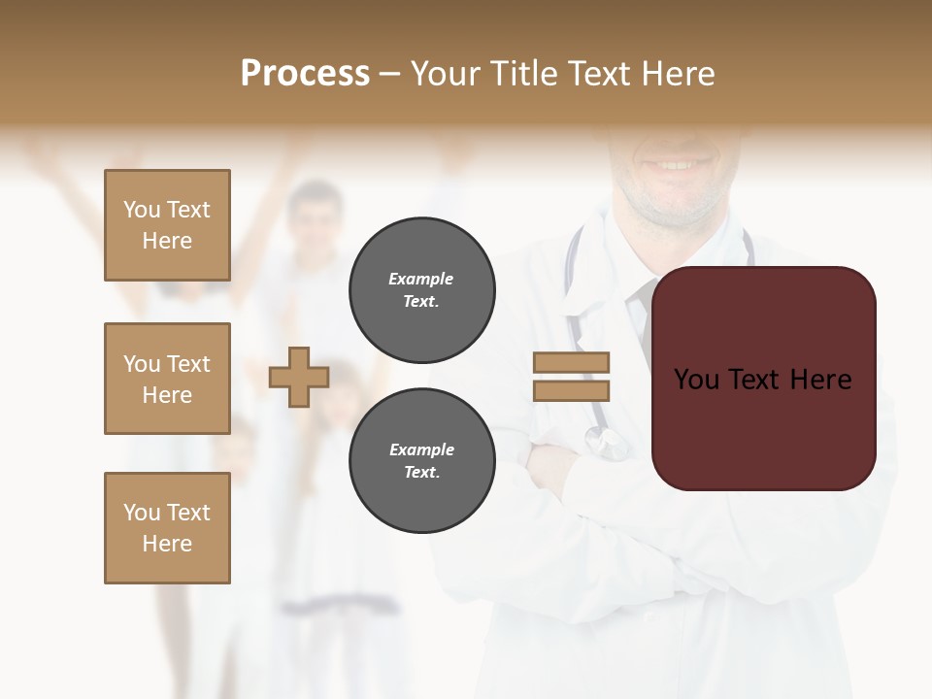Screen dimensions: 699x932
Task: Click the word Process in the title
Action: coord(305,73)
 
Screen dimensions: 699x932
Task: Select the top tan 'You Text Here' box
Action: coord(167,225)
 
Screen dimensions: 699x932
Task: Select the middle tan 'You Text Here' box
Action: coord(167,379)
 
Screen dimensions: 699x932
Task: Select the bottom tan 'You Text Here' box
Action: coord(167,528)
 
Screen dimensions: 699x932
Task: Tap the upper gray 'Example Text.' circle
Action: coord(421,290)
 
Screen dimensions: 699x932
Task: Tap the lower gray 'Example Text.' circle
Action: coord(421,461)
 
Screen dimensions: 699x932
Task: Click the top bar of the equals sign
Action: coord(571,362)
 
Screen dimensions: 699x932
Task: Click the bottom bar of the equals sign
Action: coord(571,390)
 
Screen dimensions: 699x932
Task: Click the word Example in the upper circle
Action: coord(421,279)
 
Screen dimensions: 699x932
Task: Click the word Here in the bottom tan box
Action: coord(167,544)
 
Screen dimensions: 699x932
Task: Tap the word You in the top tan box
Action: coord(141,210)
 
